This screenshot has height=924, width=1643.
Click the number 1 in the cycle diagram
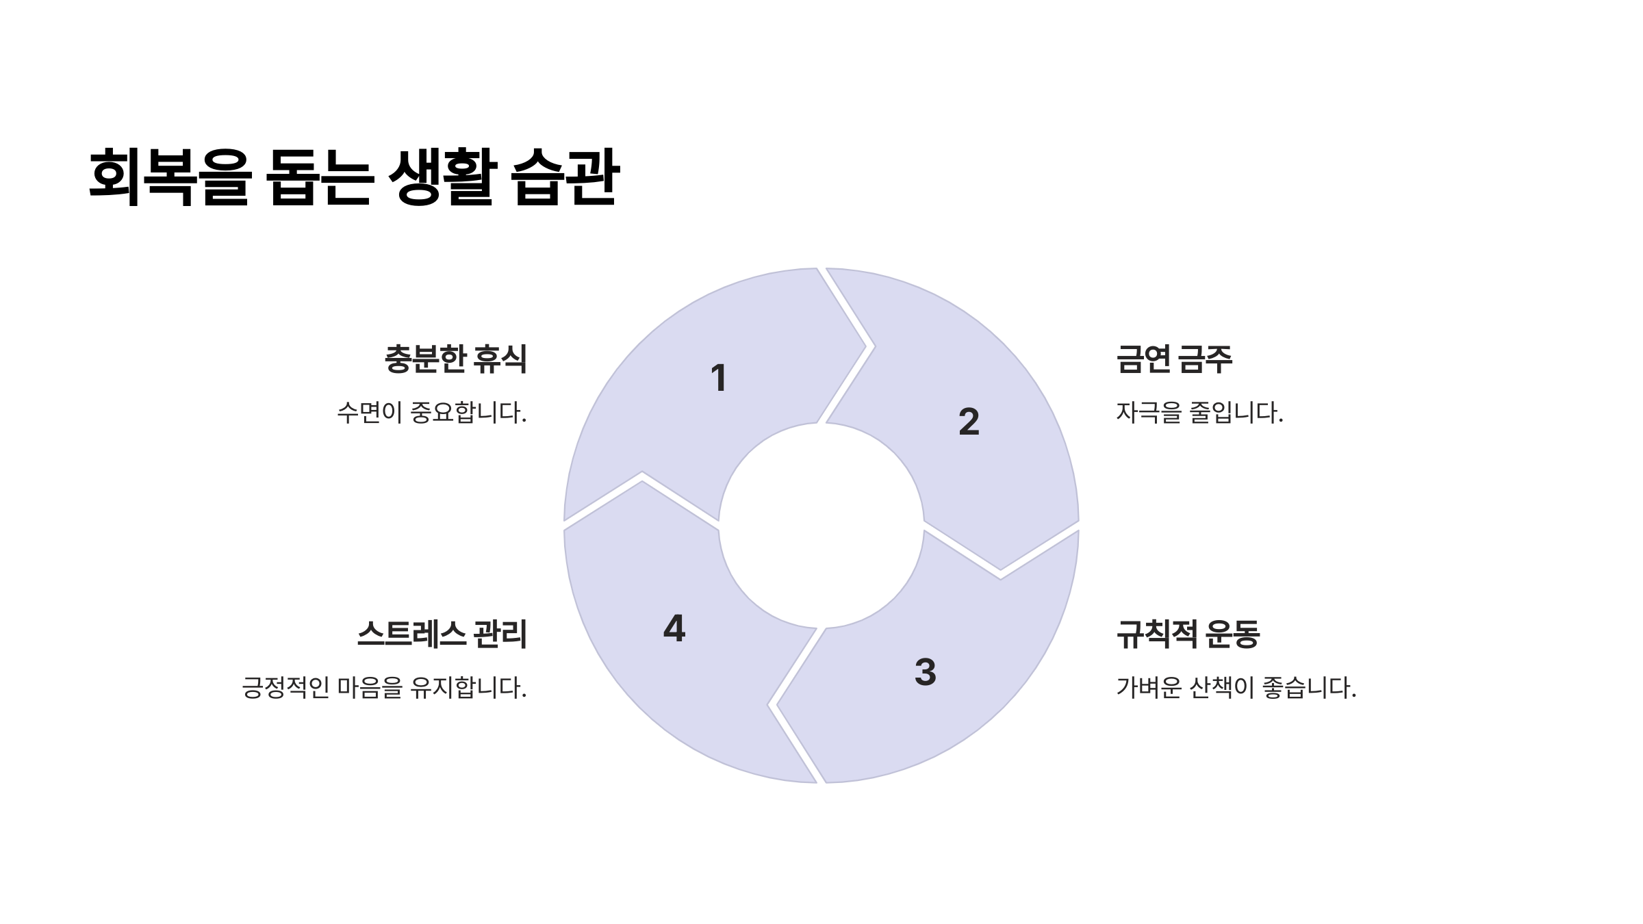click(x=718, y=378)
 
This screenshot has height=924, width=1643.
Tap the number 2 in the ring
click(x=969, y=422)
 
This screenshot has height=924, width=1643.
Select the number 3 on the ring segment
click(x=925, y=672)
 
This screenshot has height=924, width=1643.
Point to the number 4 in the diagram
click(x=674, y=628)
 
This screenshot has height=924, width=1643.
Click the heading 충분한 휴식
click(x=455, y=359)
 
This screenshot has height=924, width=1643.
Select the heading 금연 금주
click(x=1173, y=359)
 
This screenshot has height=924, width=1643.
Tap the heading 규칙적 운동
click(x=1187, y=634)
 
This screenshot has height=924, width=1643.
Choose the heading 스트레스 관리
click(x=442, y=634)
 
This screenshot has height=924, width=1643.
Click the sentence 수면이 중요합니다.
click(x=431, y=413)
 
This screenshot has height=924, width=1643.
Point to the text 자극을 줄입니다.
click(x=1199, y=413)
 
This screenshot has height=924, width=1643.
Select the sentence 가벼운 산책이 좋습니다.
click(x=1236, y=687)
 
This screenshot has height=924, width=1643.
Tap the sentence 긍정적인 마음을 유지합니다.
click(x=384, y=687)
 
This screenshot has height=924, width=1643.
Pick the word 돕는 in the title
click(x=320, y=177)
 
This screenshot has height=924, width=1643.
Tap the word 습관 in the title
click(x=565, y=177)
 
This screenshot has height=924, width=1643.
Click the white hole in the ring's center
click(x=821, y=526)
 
